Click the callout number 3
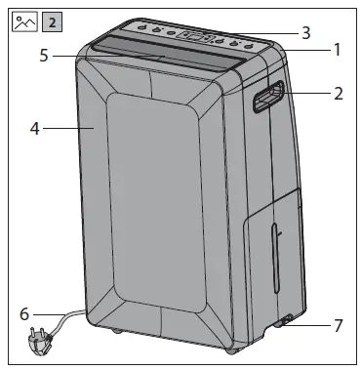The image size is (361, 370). tap(306, 32)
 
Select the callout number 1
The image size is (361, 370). tap(337, 48)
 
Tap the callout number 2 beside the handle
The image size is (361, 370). tap(338, 95)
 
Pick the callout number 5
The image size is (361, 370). tap(44, 56)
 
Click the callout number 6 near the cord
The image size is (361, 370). tap(24, 313)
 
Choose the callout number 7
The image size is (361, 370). tap(338, 325)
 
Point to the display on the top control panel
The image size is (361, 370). tap(196, 37)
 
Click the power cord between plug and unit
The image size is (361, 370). tap(63, 320)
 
